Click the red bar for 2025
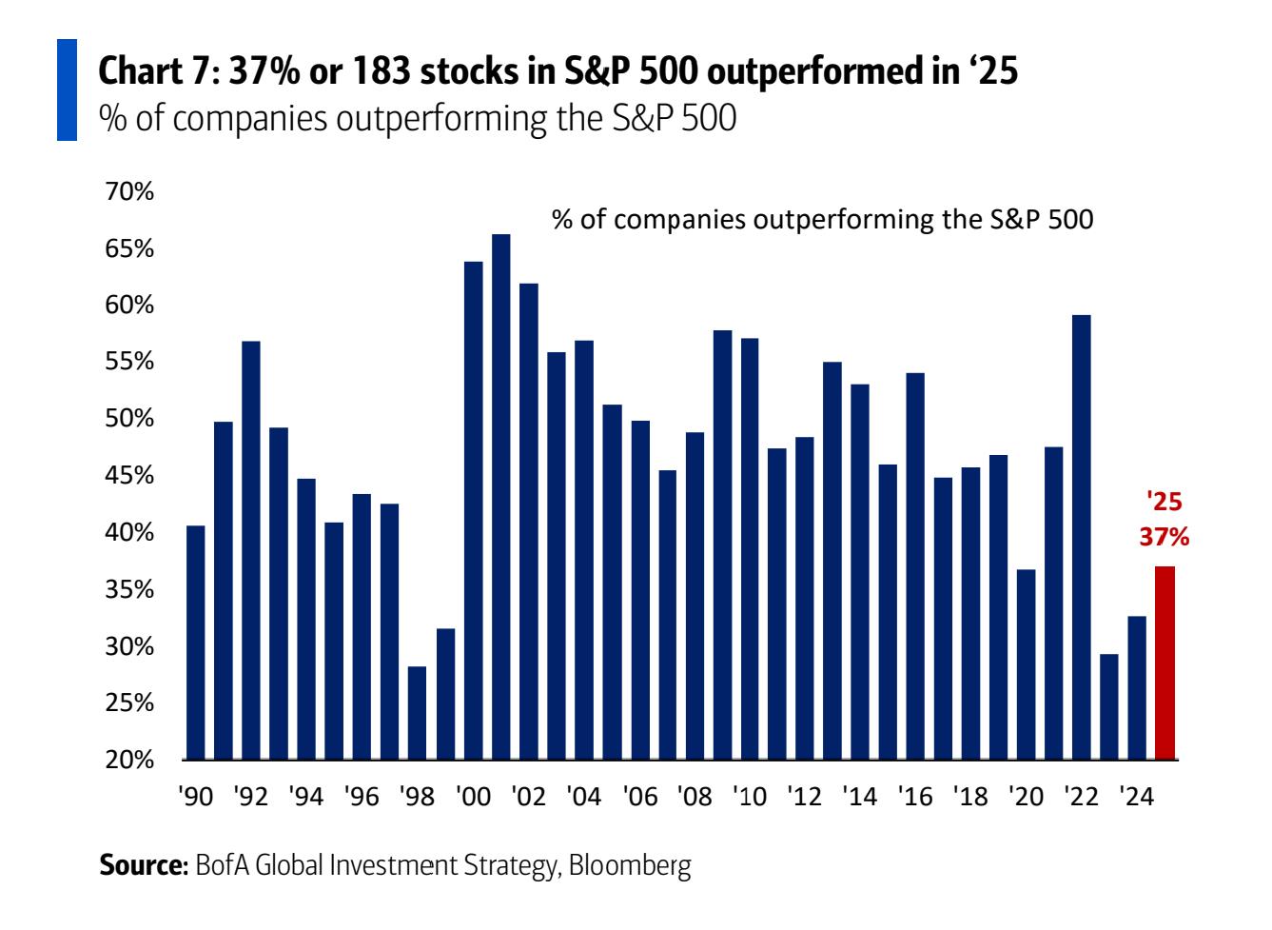click(x=1165, y=663)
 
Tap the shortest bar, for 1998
click(x=417, y=713)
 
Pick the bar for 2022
click(x=1082, y=537)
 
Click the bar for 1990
click(x=196, y=643)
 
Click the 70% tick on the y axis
click(x=129, y=192)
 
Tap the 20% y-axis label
click(x=129, y=761)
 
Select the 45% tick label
click(x=129, y=476)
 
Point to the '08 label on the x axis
click(x=695, y=797)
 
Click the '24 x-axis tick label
click(x=1138, y=797)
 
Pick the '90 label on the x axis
click(x=197, y=797)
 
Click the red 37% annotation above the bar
click(x=1164, y=538)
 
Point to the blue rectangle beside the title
click(x=67, y=90)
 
